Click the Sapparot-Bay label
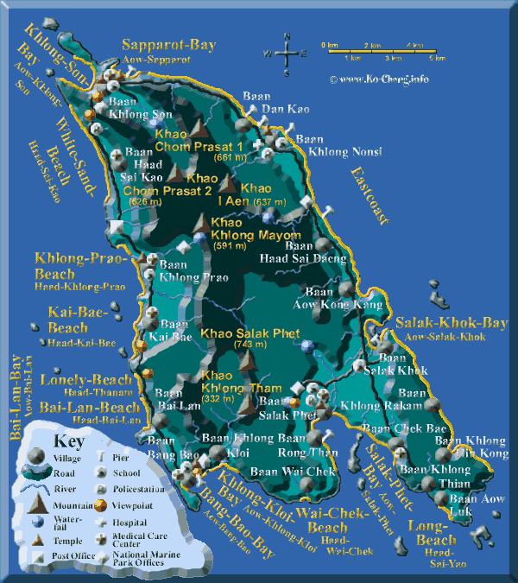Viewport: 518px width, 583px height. pos(168,45)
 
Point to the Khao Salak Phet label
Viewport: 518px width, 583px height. pos(250,333)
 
